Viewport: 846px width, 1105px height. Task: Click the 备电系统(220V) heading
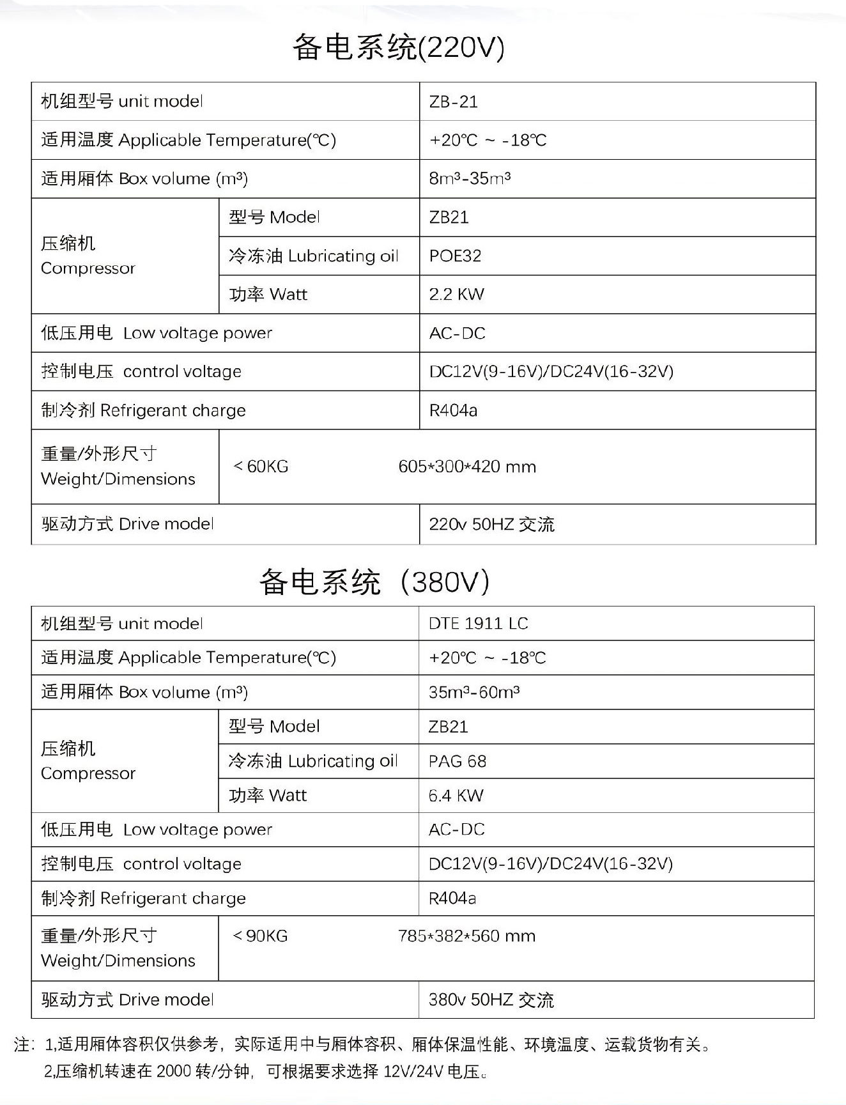[399, 47]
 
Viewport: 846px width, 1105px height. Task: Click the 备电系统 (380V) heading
[374, 582]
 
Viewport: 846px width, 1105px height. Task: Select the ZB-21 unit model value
[453, 102]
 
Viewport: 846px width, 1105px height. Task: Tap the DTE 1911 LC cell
[478, 623]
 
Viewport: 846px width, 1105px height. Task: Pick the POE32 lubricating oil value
[455, 256]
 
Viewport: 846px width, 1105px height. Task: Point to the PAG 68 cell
[457, 761]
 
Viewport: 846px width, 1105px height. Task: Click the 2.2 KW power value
[456, 294]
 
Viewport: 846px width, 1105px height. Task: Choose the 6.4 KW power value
[456, 795]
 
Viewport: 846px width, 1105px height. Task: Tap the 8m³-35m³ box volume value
[469, 178]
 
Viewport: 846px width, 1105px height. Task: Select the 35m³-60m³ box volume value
[473, 692]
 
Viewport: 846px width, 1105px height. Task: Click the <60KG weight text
[261, 467]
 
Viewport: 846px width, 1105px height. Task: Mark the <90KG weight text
[260, 936]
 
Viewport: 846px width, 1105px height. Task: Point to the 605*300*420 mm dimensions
[466, 467]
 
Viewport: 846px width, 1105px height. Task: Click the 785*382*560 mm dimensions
[466, 936]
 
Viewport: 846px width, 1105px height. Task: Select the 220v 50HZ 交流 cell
[491, 524]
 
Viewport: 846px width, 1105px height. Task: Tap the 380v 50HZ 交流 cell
[491, 1000]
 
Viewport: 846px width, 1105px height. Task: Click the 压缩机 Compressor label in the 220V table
[88, 256]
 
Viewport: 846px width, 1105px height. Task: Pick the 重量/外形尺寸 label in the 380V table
[118, 948]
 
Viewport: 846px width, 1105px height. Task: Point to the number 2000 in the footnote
[173, 1071]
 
